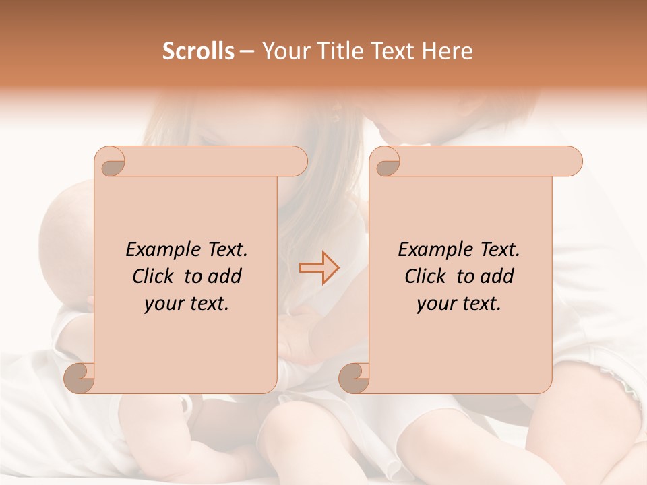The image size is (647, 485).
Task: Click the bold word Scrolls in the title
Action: pyautogui.click(x=198, y=51)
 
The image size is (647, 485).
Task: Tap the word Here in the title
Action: pyautogui.click(x=448, y=51)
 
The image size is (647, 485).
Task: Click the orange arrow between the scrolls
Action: pyautogui.click(x=319, y=268)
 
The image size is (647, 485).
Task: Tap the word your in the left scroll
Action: pyautogui.click(x=162, y=304)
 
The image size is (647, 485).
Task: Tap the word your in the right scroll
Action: pyautogui.click(x=435, y=304)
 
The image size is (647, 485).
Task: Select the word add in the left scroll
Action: pyautogui.click(x=226, y=276)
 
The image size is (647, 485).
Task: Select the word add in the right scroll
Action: pyautogui.click(x=498, y=276)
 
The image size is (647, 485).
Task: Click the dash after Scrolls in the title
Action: pyautogui.click(x=247, y=52)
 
